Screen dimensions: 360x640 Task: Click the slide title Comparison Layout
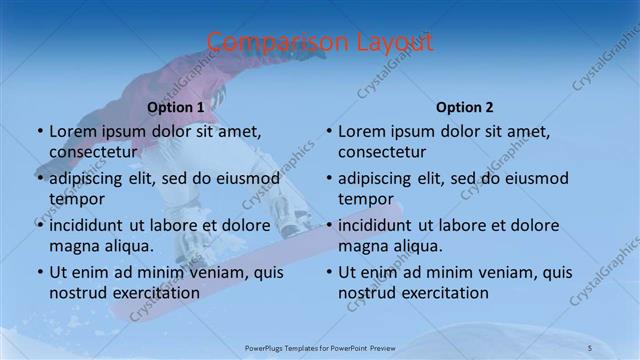click(x=320, y=41)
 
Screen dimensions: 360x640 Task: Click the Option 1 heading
click(x=175, y=107)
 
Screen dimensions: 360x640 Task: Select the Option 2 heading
click(x=464, y=107)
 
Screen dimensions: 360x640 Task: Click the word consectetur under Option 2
click(x=382, y=152)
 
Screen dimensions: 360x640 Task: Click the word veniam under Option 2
click(x=511, y=272)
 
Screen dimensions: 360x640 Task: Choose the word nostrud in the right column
click(x=369, y=292)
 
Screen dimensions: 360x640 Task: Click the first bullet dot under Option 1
click(x=39, y=131)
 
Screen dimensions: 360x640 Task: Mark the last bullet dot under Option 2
click(x=329, y=272)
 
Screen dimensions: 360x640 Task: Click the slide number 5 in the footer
click(x=589, y=348)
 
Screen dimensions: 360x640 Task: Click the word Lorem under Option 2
click(x=363, y=131)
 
